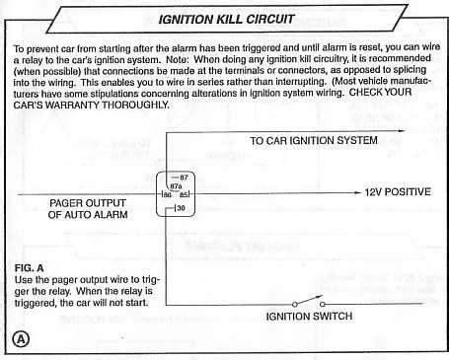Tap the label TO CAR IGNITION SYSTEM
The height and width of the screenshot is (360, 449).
point(314,141)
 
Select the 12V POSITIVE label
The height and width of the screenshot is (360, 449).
point(398,192)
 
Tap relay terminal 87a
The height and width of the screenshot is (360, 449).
point(176,184)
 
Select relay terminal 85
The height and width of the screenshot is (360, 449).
point(185,194)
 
